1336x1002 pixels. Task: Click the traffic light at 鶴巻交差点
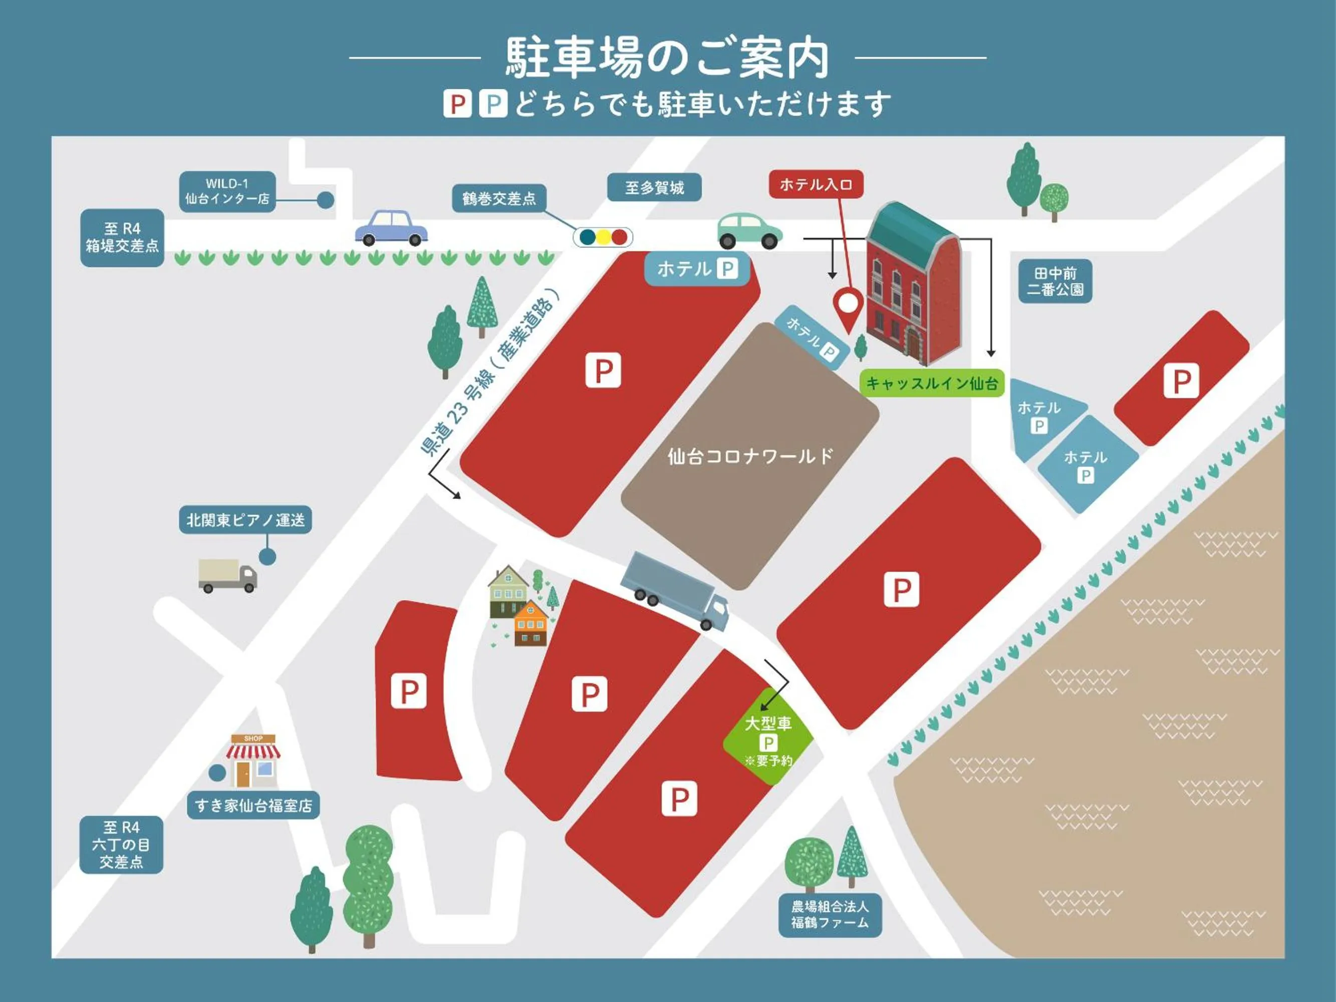(603, 237)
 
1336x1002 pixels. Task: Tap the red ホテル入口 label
(816, 184)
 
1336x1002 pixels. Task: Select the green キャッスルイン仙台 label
(931, 383)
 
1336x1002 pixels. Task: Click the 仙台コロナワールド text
(750, 456)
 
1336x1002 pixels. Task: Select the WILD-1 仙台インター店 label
(227, 191)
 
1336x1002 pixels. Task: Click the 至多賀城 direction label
(654, 188)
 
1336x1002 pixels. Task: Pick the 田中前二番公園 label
(1054, 282)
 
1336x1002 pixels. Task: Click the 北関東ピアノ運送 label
(245, 520)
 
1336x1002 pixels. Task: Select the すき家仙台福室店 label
(253, 806)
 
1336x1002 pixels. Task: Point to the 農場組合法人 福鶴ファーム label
(830, 915)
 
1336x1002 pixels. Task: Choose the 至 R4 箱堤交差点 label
(122, 237)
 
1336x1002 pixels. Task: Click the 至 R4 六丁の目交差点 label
(121, 844)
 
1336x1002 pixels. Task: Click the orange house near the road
(530, 623)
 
